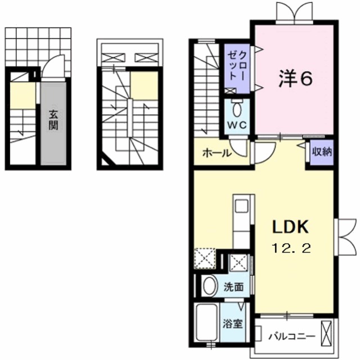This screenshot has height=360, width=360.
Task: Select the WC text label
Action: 236,124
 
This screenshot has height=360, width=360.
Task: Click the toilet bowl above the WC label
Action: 237,107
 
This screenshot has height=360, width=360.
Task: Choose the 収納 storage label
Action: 320,152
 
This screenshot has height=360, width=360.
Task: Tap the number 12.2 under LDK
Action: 291,247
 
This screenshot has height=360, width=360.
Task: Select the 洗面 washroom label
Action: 233,287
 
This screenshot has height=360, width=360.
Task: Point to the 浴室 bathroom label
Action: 233,325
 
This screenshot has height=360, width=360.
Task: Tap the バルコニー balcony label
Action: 290,336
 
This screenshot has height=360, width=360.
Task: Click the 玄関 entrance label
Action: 53,119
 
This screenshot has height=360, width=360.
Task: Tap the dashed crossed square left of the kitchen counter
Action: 204,260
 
